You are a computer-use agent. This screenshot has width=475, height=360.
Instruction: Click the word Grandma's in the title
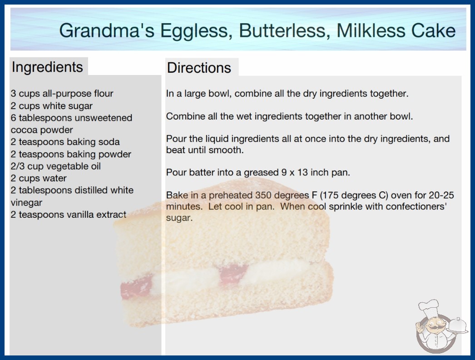(107, 30)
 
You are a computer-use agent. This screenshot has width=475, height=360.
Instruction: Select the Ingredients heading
(47, 67)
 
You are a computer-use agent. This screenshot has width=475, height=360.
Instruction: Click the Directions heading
(199, 68)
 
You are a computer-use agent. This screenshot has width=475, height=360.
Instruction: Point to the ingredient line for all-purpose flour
(62, 94)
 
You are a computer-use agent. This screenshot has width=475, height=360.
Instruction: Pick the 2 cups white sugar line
(51, 106)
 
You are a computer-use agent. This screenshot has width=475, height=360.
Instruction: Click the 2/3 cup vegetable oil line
(55, 166)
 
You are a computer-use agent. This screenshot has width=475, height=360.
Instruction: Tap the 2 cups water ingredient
(39, 178)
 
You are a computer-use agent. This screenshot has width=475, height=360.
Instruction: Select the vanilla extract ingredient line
(68, 215)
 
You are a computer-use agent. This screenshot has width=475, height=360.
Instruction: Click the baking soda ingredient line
(65, 142)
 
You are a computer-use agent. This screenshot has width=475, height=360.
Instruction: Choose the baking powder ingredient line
(70, 154)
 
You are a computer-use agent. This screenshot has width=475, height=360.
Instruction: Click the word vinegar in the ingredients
(26, 203)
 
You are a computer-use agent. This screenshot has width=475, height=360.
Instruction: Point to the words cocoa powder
(42, 130)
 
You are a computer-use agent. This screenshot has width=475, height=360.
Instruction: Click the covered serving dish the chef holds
(458, 326)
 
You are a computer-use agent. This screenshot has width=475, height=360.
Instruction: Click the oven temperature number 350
(263, 195)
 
